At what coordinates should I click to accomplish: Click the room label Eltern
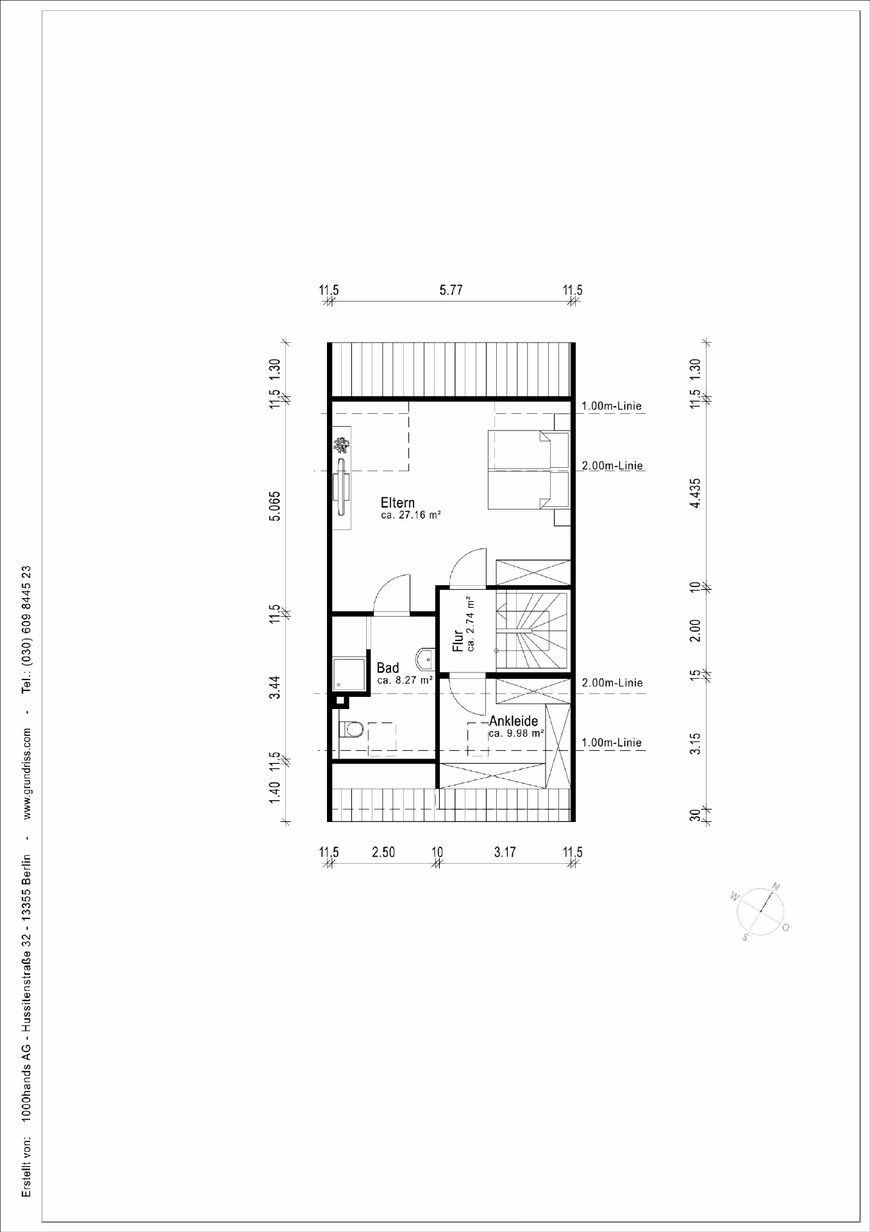pyautogui.click(x=397, y=502)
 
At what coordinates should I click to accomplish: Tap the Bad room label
pyautogui.click(x=388, y=668)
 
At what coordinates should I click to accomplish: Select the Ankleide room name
pyautogui.click(x=514, y=721)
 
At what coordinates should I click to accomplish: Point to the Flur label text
pyautogui.click(x=458, y=641)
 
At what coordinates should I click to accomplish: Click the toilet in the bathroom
pyautogui.click(x=351, y=730)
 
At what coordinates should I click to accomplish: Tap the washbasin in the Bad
pyautogui.click(x=426, y=658)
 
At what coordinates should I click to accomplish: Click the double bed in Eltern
pyautogui.click(x=529, y=470)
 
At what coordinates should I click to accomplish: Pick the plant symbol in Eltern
pyautogui.click(x=342, y=445)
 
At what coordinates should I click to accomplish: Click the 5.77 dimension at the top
pyautogui.click(x=451, y=290)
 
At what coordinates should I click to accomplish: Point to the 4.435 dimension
pyautogui.click(x=695, y=493)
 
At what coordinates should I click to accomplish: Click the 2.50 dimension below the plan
pyautogui.click(x=383, y=852)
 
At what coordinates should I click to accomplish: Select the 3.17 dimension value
pyautogui.click(x=505, y=852)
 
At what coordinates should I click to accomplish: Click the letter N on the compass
pyautogui.click(x=776, y=887)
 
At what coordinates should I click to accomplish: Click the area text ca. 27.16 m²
pyautogui.click(x=410, y=515)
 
